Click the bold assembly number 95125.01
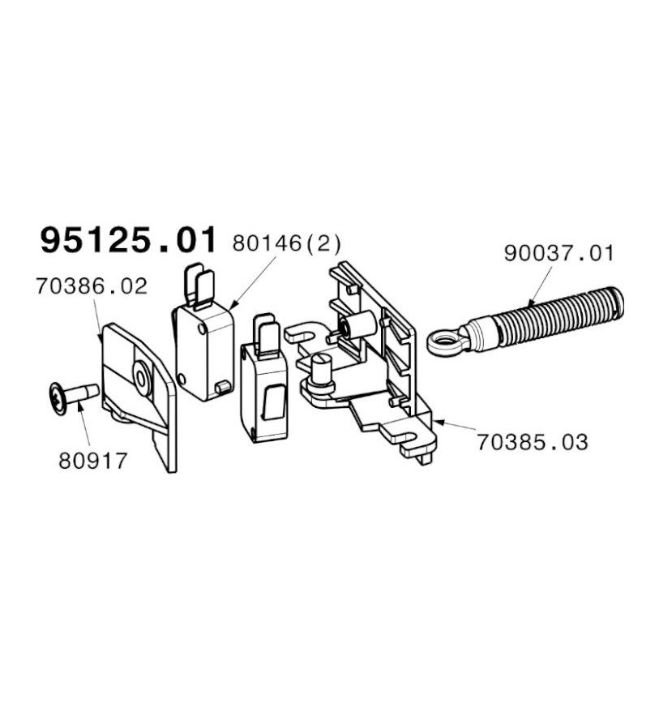129,241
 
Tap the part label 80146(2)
287,244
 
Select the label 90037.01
558,253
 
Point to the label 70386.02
92,286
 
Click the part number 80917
93,461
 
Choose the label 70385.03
532,442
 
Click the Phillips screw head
58,399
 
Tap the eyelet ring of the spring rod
446,343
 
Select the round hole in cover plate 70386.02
143,378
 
